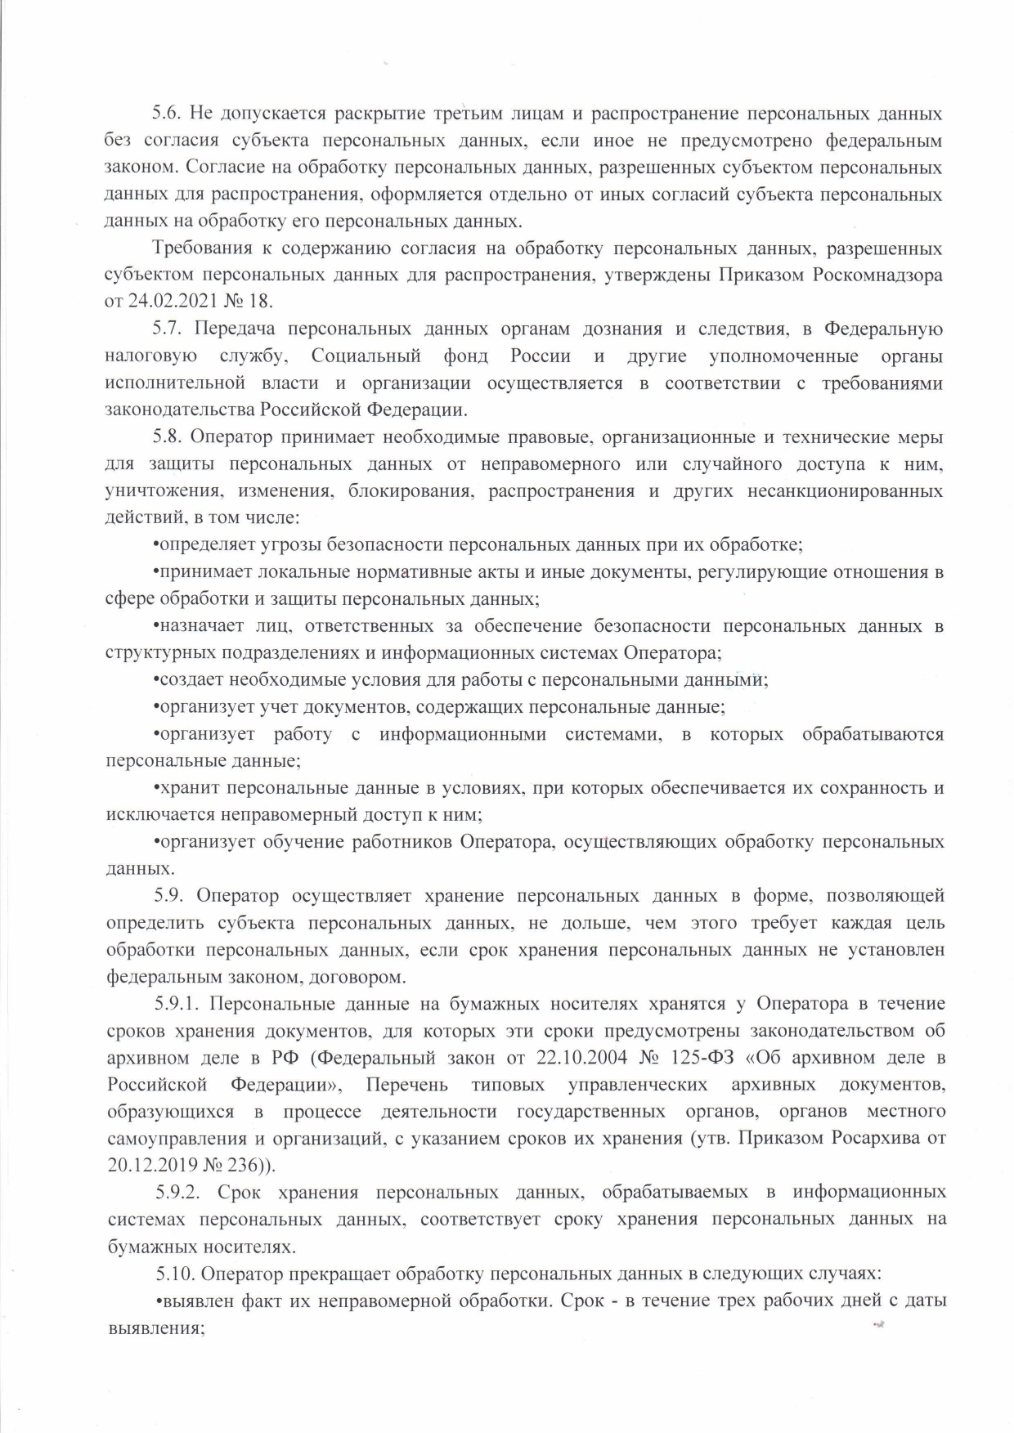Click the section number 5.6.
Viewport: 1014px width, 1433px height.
pos(169,114)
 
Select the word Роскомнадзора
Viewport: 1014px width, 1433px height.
pos(877,275)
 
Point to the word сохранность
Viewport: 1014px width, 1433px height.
pos(880,788)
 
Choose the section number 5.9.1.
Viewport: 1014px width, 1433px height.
pos(182,1004)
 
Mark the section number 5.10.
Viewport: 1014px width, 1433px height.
pos(175,1274)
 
